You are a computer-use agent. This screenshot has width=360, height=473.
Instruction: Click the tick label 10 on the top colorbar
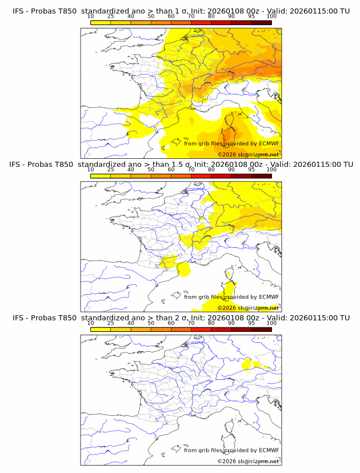pos(91,17)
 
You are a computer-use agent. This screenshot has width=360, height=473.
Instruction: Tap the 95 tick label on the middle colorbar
pos(251,170)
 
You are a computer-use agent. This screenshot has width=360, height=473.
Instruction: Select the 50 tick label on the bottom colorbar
pos(151,323)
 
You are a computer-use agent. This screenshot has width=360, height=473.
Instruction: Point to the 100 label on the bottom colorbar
pos(271,323)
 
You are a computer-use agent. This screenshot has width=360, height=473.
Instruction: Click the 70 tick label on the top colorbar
pos(191,17)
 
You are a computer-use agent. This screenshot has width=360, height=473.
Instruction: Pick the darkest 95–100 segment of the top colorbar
pos(261,22)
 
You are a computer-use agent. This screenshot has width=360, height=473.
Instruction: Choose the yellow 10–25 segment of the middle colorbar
pos(101,176)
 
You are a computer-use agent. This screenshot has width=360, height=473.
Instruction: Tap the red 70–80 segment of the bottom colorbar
pos(201,330)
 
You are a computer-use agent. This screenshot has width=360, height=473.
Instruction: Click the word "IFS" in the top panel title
pos(20,10)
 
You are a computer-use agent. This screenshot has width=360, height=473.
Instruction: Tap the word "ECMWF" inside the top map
pos(269,143)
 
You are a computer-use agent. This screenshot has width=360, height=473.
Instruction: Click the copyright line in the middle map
pos(248,308)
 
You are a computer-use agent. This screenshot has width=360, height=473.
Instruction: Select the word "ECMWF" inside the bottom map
pos(269,450)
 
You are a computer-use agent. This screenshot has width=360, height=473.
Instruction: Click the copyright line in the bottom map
pos(248,461)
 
